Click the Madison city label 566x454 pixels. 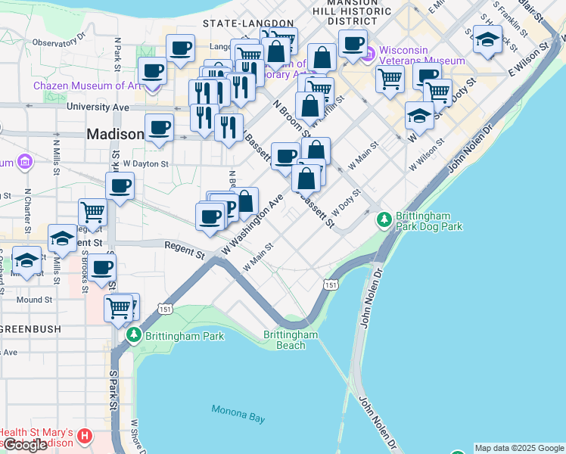(115, 134)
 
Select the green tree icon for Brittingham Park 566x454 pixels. (134, 334)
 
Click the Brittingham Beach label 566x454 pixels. (291, 340)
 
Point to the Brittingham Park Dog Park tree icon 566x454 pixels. (384, 219)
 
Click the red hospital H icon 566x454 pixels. (85, 437)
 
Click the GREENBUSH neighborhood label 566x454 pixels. (35, 329)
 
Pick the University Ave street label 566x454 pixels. (98, 107)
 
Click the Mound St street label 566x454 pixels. (34, 300)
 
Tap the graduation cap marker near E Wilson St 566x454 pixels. (487, 40)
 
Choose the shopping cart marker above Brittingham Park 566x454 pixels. (118, 307)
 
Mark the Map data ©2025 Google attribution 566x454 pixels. (519, 448)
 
